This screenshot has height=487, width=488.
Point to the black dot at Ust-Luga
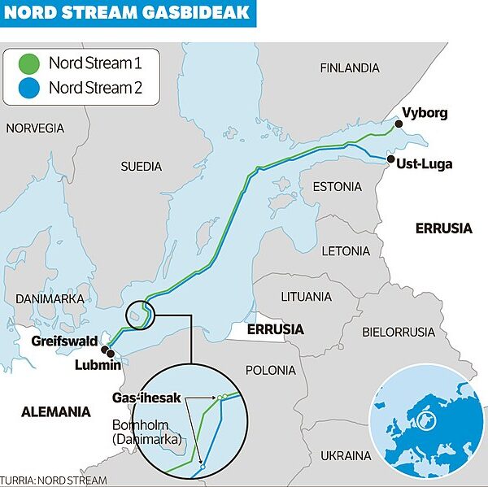pyautogui.click(x=391, y=159)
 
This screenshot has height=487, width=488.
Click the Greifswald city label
pyautogui.click(x=64, y=341)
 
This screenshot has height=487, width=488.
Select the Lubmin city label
pyautogui.click(x=98, y=365)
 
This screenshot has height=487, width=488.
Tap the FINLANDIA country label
pyautogui.click(x=350, y=67)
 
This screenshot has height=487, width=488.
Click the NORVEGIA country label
pyautogui.click(x=35, y=128)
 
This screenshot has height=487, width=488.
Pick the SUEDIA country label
pyautogui.click(x=142, y=166)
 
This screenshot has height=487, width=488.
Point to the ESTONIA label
pyautogui.click(x=337, y=187)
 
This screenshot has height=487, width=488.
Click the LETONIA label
pyautogui.click(x=346, y=250)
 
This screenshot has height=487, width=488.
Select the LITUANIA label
pyautogui.click(x=306, y=297)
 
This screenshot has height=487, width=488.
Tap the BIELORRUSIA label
pyautogui.click(x=399, y=332)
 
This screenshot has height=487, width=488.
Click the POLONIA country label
pyautogui.click(x=271, y=370)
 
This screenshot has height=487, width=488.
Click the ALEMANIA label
pyautogui.click(x=55, y=412)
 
